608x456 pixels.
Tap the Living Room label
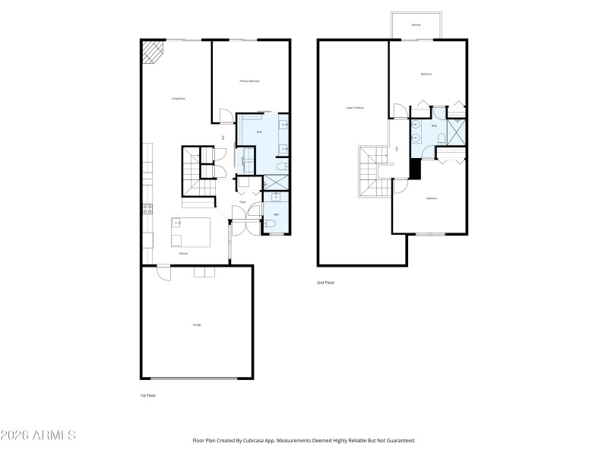tap(179, 99)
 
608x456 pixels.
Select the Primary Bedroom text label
tap(250, 81)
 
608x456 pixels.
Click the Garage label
tap(197, 325)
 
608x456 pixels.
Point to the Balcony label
tap(416, 25)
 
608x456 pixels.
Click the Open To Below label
tap(355, 108)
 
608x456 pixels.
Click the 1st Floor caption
tap(148, 396)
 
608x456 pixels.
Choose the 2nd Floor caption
tap(325, 282)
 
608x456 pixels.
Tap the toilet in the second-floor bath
tap(441, 138)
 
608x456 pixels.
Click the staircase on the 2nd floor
tap(373, 171)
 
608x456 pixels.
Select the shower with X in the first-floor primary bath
tap(275, 182)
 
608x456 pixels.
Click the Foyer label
tap(242, 202)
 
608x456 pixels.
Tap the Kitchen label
tap(183, 253)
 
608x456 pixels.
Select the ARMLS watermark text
tap(38, 436)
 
